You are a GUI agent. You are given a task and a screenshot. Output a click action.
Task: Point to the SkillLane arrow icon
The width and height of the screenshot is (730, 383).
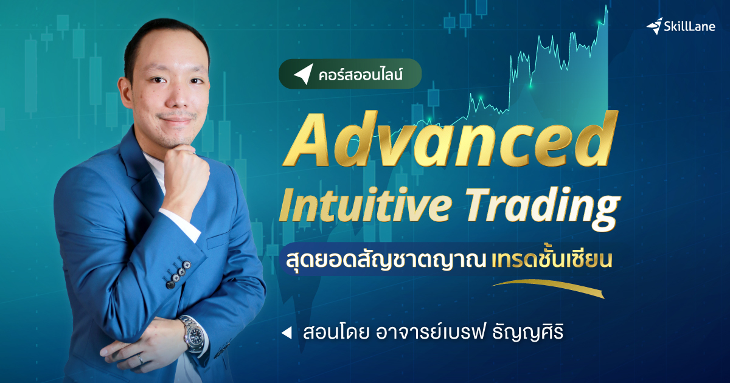coord(654,26)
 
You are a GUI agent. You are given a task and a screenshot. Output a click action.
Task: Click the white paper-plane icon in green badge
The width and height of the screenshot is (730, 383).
coord(302,74)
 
